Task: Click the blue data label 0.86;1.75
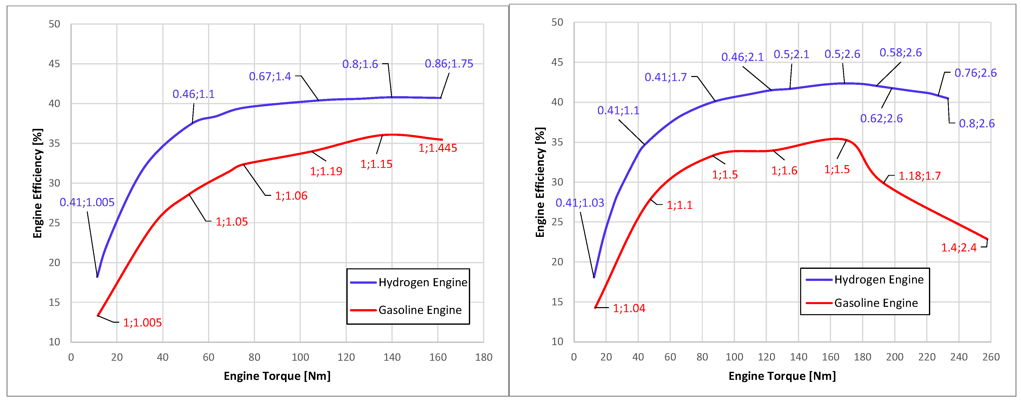click(449, 64)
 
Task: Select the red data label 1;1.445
click(438, 148)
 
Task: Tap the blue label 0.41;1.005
click(87, 202)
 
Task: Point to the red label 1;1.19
click(326, 171)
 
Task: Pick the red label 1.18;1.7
click(919, 176)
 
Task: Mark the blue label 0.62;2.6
click(881, 119)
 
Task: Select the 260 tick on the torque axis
click(991, 357)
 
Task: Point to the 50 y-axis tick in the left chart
click(54, 24)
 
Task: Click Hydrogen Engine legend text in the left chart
click(423, 282)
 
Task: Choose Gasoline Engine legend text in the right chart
click(876, 303)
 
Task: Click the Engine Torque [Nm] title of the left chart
click(277, 376)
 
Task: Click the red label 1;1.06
click(291, 196)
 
